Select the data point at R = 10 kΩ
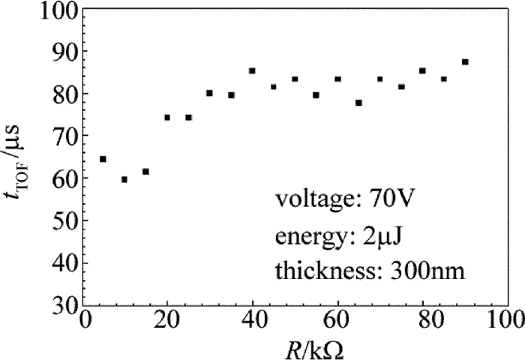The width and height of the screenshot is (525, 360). (124, 179)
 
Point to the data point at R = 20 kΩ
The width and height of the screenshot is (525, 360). (166, 117)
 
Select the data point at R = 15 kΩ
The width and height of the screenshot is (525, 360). (145, 172)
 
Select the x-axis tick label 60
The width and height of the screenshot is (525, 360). (337, 319)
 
